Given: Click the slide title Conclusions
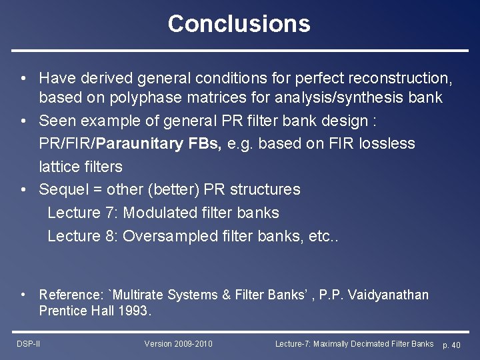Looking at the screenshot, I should coord(239,24).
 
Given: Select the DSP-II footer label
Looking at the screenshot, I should coord(29,344).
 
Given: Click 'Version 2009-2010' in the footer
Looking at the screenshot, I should coord(179,344).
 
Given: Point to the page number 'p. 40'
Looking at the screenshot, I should coord(451,345).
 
